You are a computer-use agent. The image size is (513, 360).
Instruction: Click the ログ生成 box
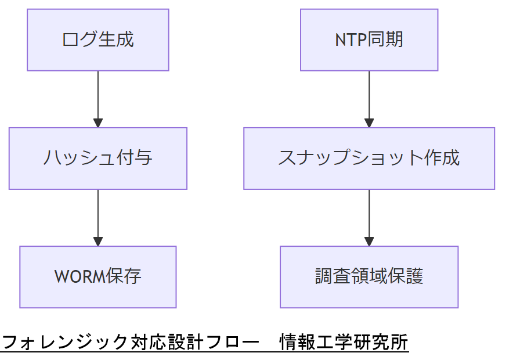(97, 40)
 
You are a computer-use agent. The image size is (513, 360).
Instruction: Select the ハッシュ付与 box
(97, 158)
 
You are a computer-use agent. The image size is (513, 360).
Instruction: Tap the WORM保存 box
(97, 276)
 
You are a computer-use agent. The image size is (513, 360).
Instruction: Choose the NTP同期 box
(369, 40)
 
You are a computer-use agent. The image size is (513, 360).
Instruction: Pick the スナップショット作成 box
(369, 158)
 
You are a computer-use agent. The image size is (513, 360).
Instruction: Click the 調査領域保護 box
(369, 276)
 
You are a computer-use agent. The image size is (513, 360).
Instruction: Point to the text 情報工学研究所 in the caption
(344, 342)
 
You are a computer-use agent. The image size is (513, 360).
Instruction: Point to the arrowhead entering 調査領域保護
(369, 241)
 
